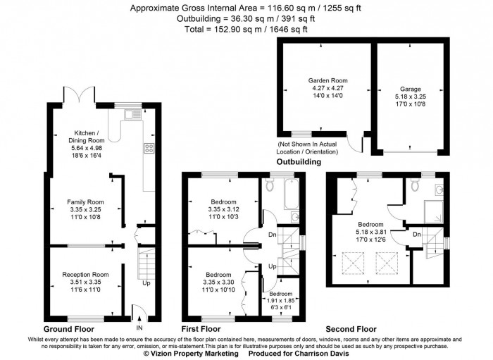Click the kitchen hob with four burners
click(149, 149)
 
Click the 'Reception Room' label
click(85, 274)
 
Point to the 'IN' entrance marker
click(139, 328)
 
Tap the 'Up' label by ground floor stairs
click(146, 284)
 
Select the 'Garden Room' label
click(327, 81)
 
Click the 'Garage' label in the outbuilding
click(411, 89)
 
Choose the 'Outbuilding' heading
click(299, 161)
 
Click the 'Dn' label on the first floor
click(273, 235)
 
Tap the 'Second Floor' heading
click(351, 329)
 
